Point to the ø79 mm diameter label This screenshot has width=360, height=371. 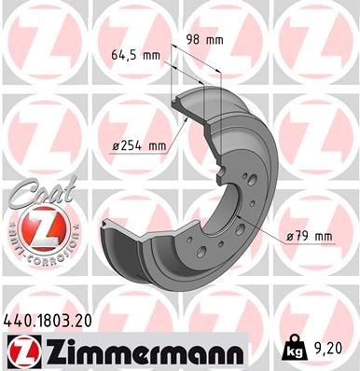[x=308, y=237]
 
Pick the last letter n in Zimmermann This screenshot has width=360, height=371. [x=234, y=352]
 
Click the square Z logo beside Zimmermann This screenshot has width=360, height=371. [x=22, y=350]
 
